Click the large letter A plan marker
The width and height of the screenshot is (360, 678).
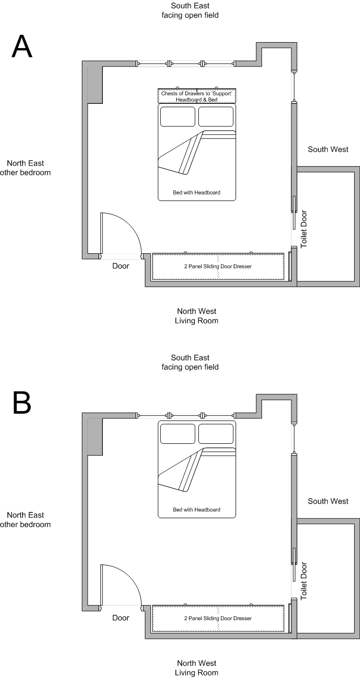[22, 47]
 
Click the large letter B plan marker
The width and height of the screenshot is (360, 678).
[22, 402]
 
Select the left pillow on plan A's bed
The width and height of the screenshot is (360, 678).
[177, 117]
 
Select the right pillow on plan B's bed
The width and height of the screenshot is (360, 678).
[216, 434]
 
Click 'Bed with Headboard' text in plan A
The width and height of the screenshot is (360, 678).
[196, 193]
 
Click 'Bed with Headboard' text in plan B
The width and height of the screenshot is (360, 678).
[196, 509]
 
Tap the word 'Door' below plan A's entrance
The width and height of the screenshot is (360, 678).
[120, 266]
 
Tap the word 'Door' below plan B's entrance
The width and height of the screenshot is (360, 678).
[120, 618]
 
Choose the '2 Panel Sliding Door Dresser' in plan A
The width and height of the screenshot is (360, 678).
[218, 266]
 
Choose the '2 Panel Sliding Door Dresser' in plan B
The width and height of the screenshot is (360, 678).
[218, 618]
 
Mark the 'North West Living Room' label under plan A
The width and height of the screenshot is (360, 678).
[196, 316]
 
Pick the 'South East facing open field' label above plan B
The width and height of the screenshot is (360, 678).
[190, 363]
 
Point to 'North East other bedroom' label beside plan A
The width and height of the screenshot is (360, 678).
[25, 168]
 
